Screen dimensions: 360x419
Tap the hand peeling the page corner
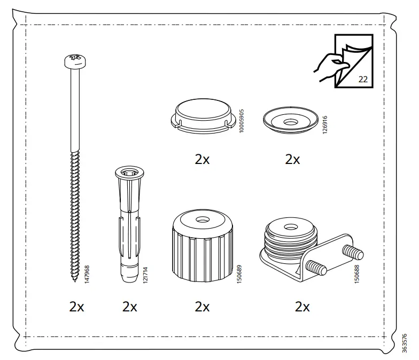tap(327, 67)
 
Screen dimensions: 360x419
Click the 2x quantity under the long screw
tap(76, 307)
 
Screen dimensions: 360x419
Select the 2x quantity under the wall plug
tap(129, 307)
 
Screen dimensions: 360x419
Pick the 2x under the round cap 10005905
tap(202, 159)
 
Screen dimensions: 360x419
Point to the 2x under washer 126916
tap(292, 159)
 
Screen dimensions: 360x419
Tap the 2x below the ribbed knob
tap(202, 307)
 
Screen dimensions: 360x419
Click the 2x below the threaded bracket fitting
tap(302, 307)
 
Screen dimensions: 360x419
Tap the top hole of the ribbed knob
tap(203, 220)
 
